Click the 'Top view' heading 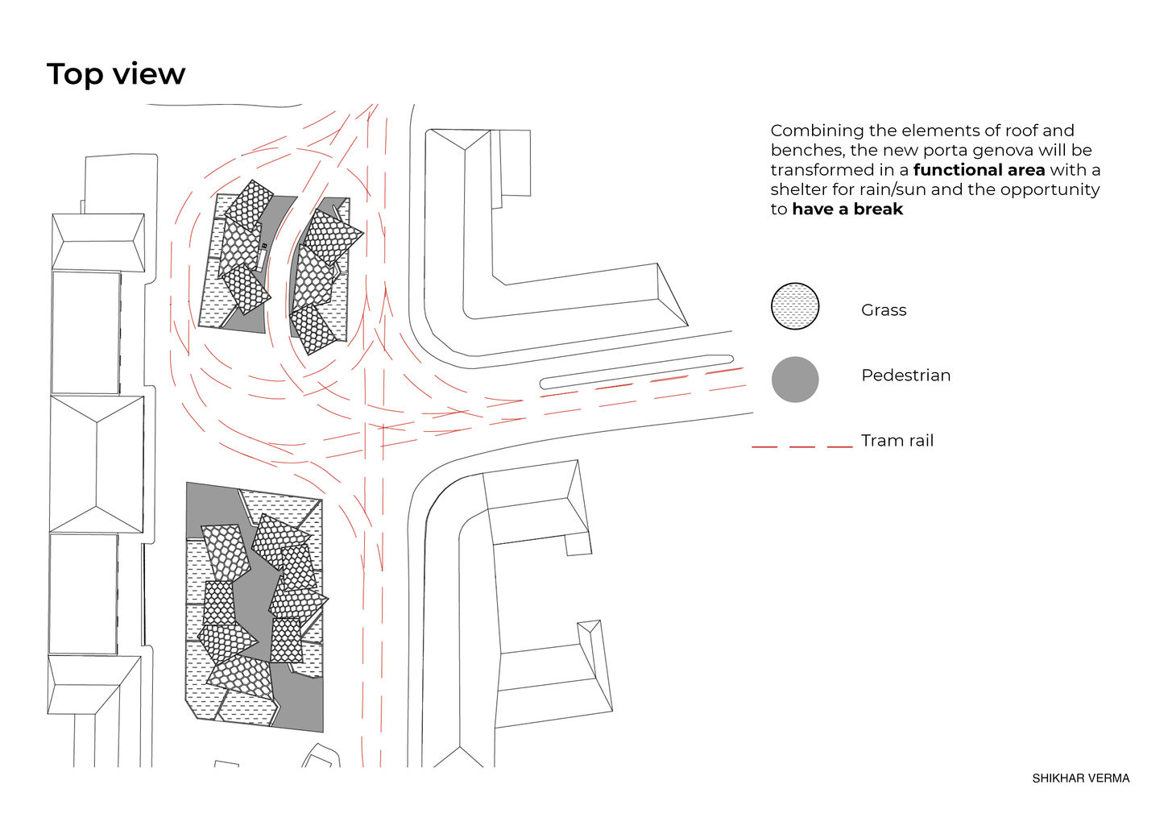click(x=116, y=75)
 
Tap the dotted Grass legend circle click(x=795, y=306)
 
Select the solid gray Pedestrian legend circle click(x=795, y=380)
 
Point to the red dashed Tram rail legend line click(x=802, y=447)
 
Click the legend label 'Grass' click(x=884, y=310)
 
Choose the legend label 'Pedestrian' click(x=905, y=376)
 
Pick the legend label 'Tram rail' click(x=897, y=440)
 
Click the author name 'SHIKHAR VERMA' click(x=1080, y=778)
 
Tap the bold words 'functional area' click(x=980, y=170)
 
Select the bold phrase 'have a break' click(x=847, y=210)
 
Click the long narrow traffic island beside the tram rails click(x=637, y=372)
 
